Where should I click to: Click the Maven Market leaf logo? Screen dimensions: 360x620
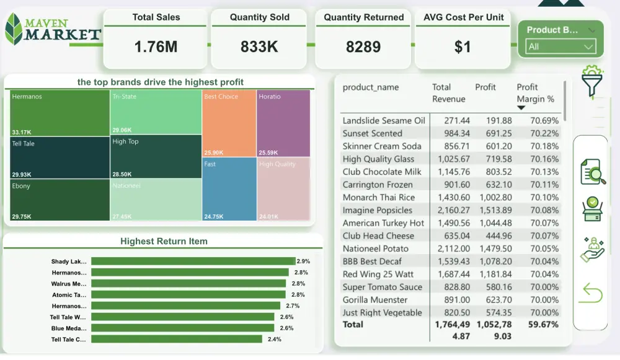[x=14, y=29]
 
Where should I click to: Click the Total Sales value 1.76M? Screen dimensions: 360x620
[x=156, y=46]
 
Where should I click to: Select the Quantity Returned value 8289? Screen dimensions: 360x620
[x=363, y=46]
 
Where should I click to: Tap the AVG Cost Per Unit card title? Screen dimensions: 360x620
[x=463, y=17]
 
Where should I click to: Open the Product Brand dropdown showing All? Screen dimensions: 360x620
[x=560, y=47]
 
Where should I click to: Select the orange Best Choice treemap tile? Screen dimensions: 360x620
[x=229, y=123]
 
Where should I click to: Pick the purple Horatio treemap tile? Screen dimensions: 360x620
[x=283, y=123]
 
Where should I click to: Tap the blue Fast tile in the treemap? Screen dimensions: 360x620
[x=229, y=188]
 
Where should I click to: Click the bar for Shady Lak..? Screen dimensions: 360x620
[x=193, y=261]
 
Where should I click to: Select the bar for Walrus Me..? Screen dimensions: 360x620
[x=188, y=284]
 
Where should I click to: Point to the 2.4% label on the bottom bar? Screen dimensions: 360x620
[x=274, y=340]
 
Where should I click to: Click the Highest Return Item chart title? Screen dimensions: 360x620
[x=164, y=241]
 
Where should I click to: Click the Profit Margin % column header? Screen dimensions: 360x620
[x=535, y=93]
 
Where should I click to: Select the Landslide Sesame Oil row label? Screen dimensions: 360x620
[x=384, y=120]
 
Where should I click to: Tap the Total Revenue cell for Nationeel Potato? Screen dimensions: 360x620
[x=454, y=248]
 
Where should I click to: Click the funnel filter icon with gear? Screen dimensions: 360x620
[x=593, y=81]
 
